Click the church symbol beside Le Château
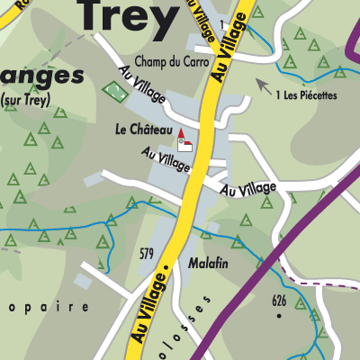[x=184, y=141]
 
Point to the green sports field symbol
[x=114, y=92]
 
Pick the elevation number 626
[x=279, y=301]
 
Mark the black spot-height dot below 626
[x=279, y=316]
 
